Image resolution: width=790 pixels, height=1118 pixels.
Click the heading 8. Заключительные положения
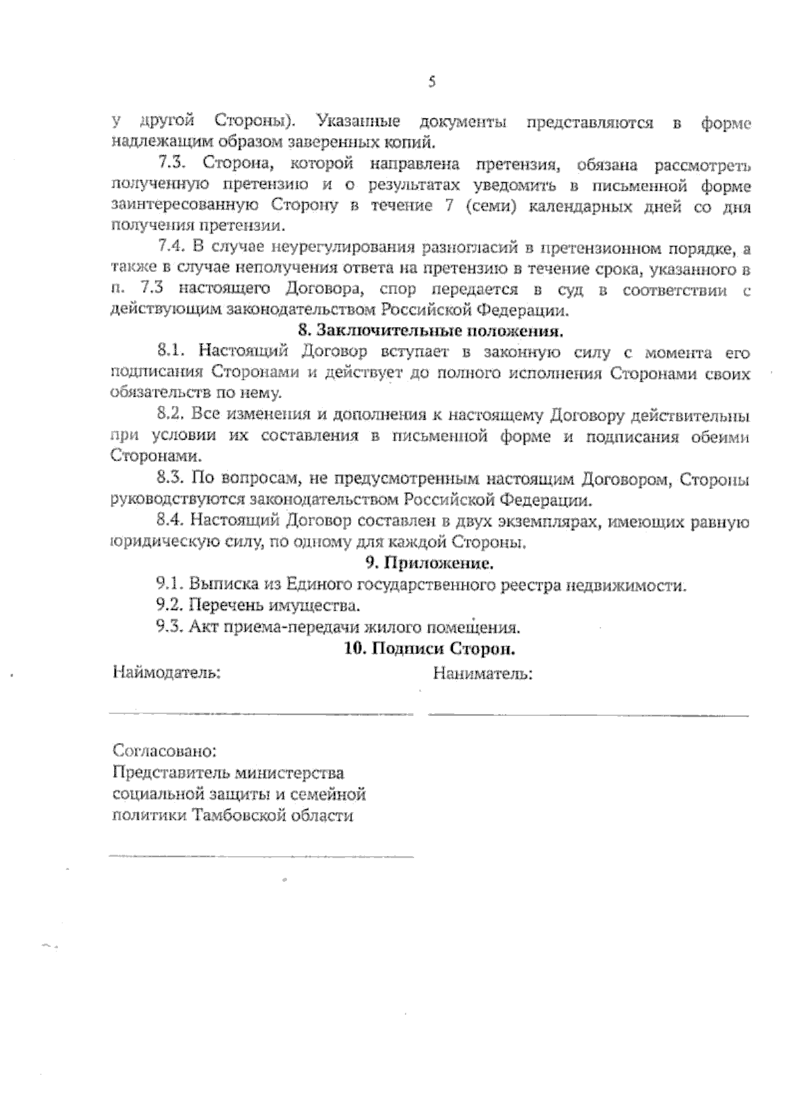click(431, 330)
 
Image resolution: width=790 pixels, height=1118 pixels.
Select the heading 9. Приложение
click(429, 563)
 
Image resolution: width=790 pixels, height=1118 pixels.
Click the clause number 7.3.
click(173, 163)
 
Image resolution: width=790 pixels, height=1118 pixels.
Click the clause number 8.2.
click(173, 415)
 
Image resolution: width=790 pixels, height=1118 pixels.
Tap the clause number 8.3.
click(173, 478)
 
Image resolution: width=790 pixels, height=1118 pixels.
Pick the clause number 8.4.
click(172, 521)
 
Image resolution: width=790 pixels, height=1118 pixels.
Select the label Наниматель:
click(483, 674)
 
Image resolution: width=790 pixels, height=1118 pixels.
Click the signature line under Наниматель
click(587, 714)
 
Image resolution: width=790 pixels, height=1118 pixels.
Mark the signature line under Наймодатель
click(260, 713)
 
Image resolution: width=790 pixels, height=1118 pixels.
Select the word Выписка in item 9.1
click(217, 584)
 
